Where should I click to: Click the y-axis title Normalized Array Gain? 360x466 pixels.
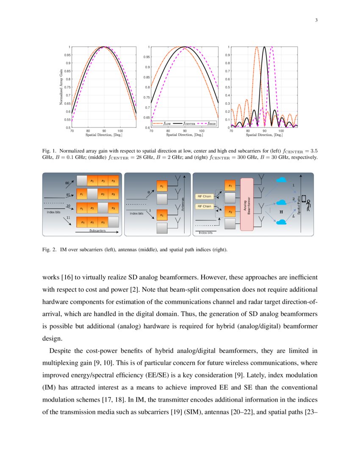click(62, 87)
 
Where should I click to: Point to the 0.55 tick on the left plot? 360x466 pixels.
click(68, 119)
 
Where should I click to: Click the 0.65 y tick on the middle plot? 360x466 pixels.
click(147, 117)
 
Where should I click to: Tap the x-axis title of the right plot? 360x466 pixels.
click(264, 135)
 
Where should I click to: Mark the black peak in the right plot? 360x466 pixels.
click(265, 47)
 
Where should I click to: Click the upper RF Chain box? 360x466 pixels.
click(204, 196)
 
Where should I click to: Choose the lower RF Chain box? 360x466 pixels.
click(204, 206)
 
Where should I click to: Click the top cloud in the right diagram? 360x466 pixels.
click(281, 180)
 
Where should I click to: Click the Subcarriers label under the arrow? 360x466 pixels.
click(97, 231)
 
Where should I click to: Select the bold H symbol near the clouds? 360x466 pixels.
click(280, 211)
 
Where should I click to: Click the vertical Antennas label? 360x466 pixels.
click(183, 204)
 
